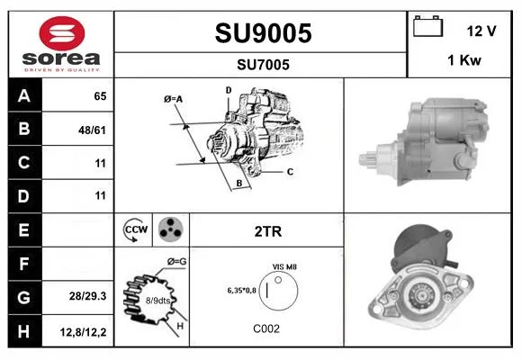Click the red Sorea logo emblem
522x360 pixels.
coord(62,33)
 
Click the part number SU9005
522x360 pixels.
coord(263,33)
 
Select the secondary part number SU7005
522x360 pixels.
coord(263,65)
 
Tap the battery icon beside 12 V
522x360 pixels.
coord(427,26)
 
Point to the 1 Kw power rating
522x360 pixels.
coord(464,60)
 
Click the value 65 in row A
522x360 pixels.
coord(100,96)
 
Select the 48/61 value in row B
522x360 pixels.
coord(92,130)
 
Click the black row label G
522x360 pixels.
coord(24,297)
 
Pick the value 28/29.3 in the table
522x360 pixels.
coord(88,296)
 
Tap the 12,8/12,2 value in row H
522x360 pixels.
coord(83,332)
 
